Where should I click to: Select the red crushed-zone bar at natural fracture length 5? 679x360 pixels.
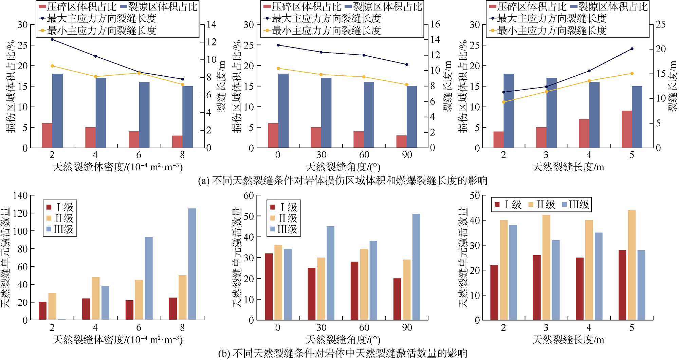627,129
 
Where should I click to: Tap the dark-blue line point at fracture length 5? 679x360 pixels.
632,49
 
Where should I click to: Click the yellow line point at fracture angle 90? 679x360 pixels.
407,85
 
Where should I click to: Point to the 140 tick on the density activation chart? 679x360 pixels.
20,195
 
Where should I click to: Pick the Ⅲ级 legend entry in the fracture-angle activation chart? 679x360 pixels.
284,229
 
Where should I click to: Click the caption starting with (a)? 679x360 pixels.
342,181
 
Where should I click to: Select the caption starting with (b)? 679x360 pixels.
342,354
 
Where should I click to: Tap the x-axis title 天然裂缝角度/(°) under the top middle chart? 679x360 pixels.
343,167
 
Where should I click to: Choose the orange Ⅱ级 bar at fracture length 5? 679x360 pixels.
632,265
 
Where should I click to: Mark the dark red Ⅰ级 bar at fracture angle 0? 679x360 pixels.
269,287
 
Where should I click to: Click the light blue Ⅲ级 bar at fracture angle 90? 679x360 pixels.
416,267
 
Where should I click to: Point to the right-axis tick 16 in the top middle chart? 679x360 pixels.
435,24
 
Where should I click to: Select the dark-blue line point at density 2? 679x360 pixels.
52,39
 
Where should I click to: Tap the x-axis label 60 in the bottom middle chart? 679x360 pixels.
364,328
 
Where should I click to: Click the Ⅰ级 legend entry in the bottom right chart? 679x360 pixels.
508,205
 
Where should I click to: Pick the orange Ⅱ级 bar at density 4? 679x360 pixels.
96,299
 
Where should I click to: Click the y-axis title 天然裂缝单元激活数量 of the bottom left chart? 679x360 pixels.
6,258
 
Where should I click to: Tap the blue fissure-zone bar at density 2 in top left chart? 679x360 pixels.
57,111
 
